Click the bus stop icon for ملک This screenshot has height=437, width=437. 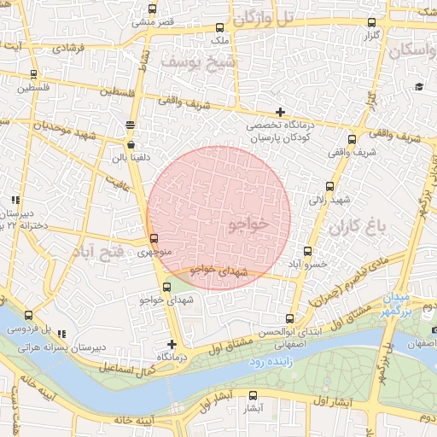[220, 28]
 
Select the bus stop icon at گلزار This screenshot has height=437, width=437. [370, 23]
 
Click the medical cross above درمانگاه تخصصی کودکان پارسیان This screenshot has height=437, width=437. [280, 112]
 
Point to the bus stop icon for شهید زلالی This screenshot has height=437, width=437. [329, 187]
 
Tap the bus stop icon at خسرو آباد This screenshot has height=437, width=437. [307, 252]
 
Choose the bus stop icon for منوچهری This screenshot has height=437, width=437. [154, 239]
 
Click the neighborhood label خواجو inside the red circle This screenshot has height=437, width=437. [248, 224]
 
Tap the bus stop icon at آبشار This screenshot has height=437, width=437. [253, 395]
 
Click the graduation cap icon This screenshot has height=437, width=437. [419, 86]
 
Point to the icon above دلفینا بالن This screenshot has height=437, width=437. [130, 125]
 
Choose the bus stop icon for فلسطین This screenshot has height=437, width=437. [33, 74]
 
